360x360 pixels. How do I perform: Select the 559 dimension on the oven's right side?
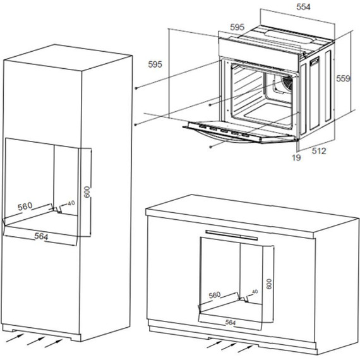click(x=343, y=79)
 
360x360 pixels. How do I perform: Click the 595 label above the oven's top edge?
click(x=237, y=27)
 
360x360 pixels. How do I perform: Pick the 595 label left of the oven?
click(x=155, y=64)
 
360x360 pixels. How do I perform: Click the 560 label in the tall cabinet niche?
click(x=25, y=207)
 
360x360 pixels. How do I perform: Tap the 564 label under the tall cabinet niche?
click(x=40, y=236)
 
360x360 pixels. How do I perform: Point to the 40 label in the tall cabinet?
click(x=71, y=203)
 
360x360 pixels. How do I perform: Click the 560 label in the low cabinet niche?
click(x=215, y=295)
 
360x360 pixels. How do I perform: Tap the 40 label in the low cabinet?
click(x=255, y=291)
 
